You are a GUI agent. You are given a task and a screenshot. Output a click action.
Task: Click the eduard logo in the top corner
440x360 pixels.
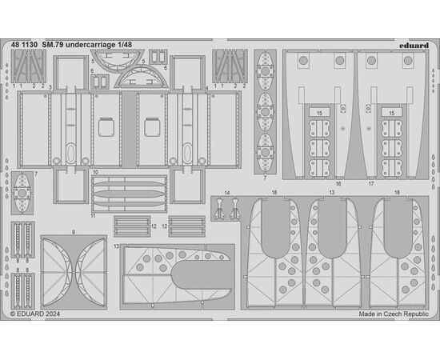point(414,45)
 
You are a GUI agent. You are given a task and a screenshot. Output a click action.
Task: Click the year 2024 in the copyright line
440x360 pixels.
point(52,314)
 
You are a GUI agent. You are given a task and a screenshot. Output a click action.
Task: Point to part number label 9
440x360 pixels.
point(74,232)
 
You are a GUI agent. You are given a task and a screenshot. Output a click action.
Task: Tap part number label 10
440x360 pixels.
point(95,172)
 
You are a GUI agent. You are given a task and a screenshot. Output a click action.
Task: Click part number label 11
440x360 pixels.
point(93,215)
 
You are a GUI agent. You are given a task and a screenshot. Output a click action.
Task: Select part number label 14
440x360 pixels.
point(227,193)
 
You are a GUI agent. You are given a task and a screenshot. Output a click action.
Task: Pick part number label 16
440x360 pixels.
point(338,184)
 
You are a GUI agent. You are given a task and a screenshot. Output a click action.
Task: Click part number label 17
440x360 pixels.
point(371,184)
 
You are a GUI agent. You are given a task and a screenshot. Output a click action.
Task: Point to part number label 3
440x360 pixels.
point(50,87)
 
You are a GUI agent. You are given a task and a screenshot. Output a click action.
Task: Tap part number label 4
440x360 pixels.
point(207,88)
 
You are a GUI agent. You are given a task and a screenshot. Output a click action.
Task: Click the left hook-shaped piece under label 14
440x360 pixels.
point(219,208)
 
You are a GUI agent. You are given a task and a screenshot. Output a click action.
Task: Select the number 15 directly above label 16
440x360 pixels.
point(319,114)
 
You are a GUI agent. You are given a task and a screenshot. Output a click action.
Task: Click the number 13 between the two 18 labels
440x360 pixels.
point(332,193)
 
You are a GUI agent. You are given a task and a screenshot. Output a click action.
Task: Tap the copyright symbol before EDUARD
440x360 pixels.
point(13,314)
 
